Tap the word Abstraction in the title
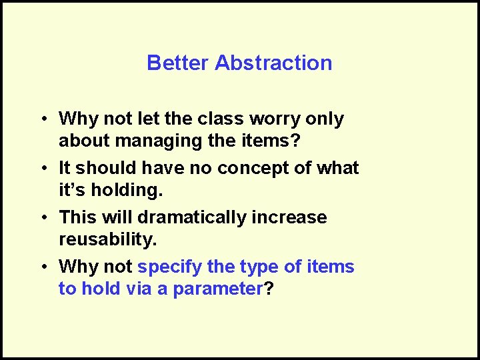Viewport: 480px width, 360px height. (274, 63)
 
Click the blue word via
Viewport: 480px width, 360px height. (139, 289)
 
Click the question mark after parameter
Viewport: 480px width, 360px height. (269, 289)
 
